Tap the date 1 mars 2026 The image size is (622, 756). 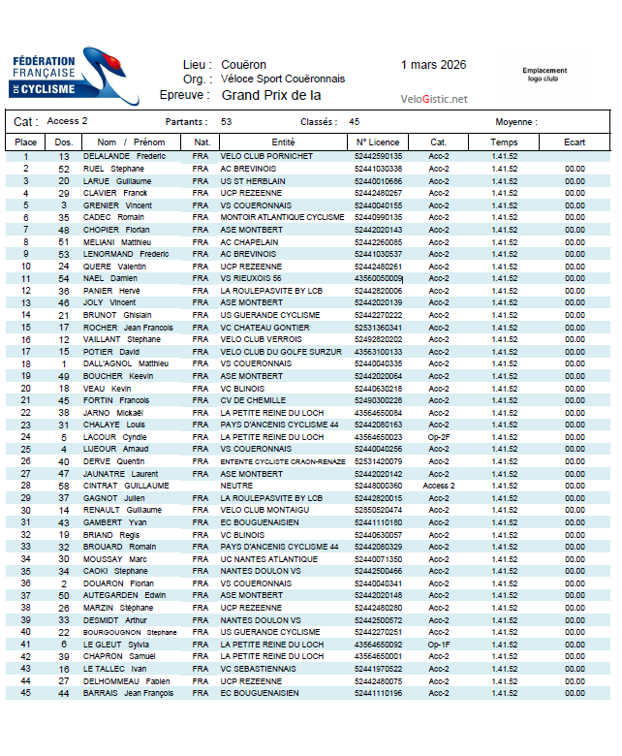pyautogui.click(x=433, y=65)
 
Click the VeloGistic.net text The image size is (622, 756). pyautogui.click(x=433, y=99)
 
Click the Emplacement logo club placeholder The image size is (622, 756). pyautogui.click(x=545, y=74)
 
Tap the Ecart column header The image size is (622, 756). pyautogui.click(x=575, y=142)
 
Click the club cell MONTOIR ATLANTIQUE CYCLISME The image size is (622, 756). pyautogui.click(x=282, y=217)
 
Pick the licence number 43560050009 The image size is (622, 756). pyautogui.click(x=379, y=278)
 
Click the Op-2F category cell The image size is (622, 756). pyautogui.click(x=439, y=437)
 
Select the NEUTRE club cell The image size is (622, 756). pyautogui.click(x=236, y=486)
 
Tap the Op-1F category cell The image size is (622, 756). pyautogui.click(x=439, y=644)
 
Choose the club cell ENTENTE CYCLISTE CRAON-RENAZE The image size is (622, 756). pyautogui.click(x=282, y=461)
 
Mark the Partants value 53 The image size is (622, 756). pyautogui.click(x=226, y=122)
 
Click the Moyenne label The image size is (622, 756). pyautogui.click(x=516, y=122)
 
